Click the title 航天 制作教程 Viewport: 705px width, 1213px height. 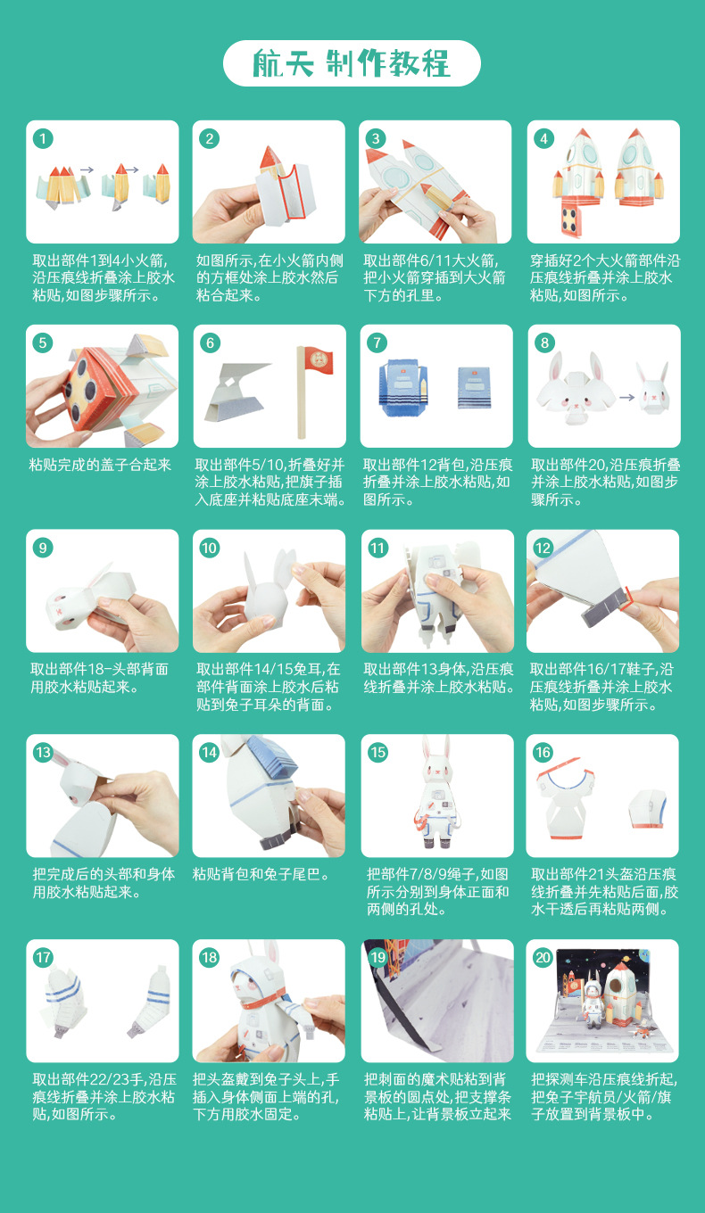[351, 63]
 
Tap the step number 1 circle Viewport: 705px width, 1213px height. [43, 138]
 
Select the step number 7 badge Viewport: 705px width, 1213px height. [377, 342]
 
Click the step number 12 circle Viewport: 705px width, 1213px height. [543, 548]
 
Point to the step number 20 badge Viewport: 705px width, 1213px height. [543, 958]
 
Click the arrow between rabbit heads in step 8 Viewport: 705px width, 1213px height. [627, 397]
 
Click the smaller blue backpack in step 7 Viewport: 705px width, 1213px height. [474, 387]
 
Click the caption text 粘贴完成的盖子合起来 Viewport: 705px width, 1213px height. [100, 465]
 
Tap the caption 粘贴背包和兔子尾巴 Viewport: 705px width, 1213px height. [261, 874]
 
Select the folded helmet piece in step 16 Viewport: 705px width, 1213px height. [648, 808]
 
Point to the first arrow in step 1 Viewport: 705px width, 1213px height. [87, 170]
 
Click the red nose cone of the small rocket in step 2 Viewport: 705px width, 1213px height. [270, 157]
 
